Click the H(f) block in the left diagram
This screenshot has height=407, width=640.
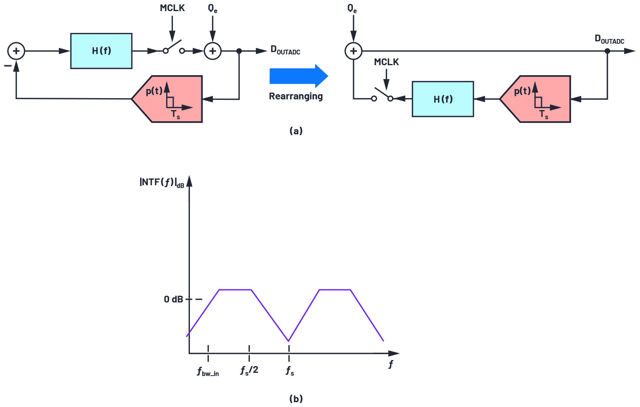[x=101, y=51]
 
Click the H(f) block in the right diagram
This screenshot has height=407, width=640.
[x=443, y=99]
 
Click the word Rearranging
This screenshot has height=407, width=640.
[x=296, y=96]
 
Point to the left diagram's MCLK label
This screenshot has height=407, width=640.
[x=172, y=8]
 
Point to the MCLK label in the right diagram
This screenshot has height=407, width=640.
[x=386, y=62]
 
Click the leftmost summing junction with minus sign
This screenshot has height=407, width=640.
[x=16, y=51]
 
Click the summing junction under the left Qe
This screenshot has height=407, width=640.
[x=213, y=51]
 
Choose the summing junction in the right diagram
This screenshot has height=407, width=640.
[x=353, y=51]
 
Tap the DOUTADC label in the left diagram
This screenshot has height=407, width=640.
[x=285, y=50]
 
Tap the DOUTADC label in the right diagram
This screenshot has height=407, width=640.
[x=609, y=39]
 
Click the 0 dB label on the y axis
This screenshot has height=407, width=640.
[x=173, y=299]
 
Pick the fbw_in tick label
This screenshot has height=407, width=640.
[x=208, y=372]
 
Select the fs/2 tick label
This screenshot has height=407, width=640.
[x=249, y=370]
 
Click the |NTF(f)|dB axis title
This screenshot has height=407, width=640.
[x=162, y=182]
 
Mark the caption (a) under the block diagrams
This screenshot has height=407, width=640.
[x=296, y=131]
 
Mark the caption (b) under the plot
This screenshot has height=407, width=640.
[x=296, y=398]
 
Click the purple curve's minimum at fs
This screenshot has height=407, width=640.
[x=289, y=341]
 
